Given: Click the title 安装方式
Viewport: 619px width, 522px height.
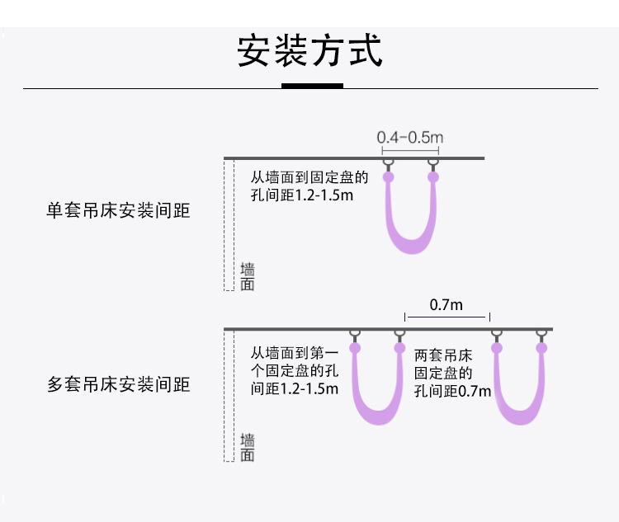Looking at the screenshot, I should coord(309,51).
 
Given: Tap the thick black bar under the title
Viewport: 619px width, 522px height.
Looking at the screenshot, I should coord(312,86).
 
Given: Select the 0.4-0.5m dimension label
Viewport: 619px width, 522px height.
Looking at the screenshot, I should coord(409,137).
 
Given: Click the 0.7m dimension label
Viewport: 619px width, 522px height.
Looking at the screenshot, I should coord(447,305).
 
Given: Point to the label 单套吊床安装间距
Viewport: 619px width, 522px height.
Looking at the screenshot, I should coord(118,211).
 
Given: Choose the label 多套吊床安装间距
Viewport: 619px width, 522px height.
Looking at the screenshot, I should coord(118,384).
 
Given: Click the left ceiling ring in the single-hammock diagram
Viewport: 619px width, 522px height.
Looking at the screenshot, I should coord(388,164).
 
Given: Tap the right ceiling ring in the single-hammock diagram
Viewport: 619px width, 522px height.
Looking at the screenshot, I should coord(432,164).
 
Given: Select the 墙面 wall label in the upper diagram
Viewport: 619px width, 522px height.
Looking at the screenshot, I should coord(247,277).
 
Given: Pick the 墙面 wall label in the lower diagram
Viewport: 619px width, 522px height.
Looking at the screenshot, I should coord(247,448).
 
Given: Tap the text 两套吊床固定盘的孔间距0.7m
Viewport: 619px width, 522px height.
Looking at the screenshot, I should coord(452,374).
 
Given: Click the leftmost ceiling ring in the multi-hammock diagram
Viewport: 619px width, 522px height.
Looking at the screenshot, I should coord(355,335).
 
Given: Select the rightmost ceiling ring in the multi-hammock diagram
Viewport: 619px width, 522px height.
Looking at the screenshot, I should coord(541,335).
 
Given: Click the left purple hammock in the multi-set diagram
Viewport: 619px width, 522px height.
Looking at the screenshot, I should coord(378,404).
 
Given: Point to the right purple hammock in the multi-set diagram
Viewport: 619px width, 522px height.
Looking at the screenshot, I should coord(519,404).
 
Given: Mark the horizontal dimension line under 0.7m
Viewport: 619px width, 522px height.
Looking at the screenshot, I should coord(447,316).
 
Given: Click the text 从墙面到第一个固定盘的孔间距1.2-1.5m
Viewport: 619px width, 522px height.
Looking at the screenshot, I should coord(295,369).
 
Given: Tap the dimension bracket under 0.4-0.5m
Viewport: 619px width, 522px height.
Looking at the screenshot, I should coord(409,148).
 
